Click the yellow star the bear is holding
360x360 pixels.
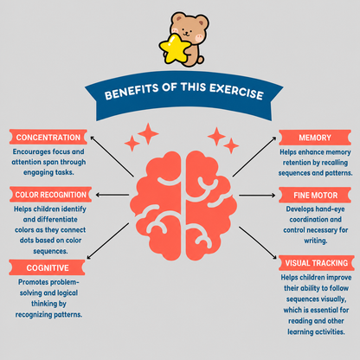(174, 48)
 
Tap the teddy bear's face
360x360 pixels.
(189, 29)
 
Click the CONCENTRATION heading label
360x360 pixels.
(48, 137)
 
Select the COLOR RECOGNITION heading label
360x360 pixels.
(50, 195)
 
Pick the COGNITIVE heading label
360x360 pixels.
(47, 267)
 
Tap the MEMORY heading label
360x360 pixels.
(315, 138)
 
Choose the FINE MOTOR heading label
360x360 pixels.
(315, 196)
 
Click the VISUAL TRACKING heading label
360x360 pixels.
(317, 263)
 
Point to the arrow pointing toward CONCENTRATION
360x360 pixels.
(112, 157)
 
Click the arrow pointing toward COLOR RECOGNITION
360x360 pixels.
(112, 195)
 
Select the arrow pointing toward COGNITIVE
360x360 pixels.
(108, 241)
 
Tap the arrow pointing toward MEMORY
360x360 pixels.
(254, 157)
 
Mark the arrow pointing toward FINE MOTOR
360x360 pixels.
(257, 196)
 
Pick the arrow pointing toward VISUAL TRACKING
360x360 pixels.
(258, 242)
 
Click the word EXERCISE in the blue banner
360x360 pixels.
(236, 92)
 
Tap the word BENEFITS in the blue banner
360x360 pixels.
(132, 92)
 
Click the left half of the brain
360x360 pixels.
(156, 206)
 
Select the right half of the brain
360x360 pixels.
(211, 206)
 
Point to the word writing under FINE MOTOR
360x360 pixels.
(316, 241)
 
